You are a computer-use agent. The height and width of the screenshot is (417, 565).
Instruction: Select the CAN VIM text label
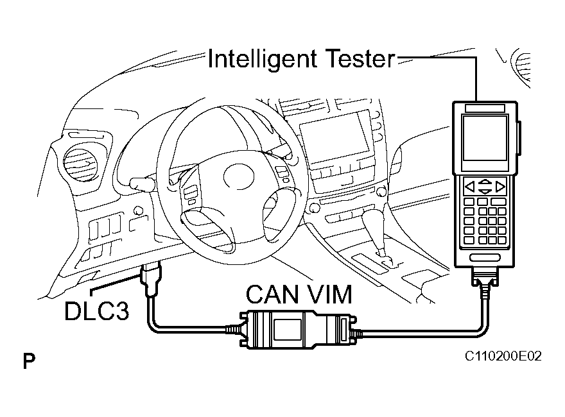coord(299,295)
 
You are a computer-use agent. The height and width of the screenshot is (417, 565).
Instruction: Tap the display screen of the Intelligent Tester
coord(485,138)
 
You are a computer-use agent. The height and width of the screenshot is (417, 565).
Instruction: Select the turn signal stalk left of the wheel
coord(141,183)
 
